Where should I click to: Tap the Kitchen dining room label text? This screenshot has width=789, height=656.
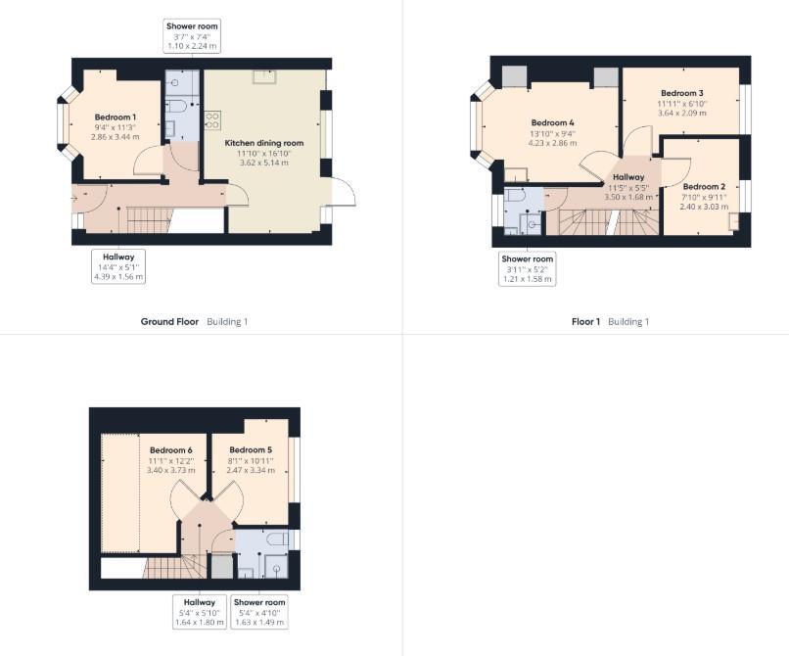pyautogui.click(x=263, y=143)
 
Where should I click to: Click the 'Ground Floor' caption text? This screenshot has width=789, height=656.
pyautogui.click(x=169, y=321)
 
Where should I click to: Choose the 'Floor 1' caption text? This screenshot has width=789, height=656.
pyautogui.click(x=585, y=321)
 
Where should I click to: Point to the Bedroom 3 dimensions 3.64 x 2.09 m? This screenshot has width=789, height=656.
pyautogui.click(x=682, y=113)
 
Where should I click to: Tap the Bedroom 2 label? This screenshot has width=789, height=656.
pyautogui.click(x=703, y=186)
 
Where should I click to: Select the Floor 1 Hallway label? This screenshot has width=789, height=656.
pyautogui.click(x=628, y=177)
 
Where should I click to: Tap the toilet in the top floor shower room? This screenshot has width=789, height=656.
pyautogui.click(x=277, y=539)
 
